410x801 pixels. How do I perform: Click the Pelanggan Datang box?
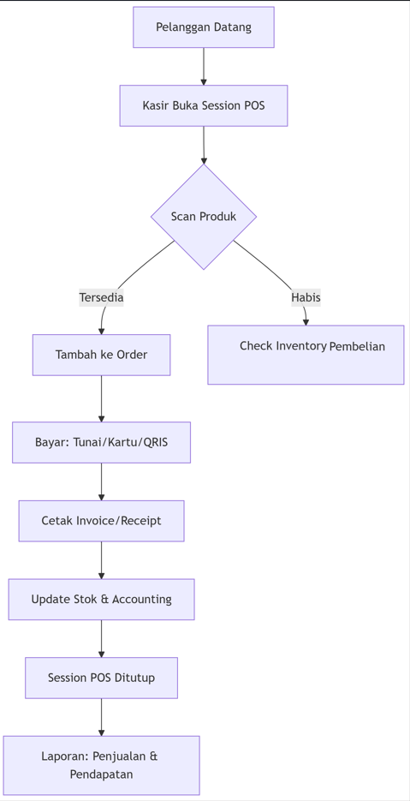204,27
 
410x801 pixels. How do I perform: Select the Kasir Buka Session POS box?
204,105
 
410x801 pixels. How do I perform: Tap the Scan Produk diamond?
204,217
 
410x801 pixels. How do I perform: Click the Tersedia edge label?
101,297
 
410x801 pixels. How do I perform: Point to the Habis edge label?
306,297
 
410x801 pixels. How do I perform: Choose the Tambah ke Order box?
102,355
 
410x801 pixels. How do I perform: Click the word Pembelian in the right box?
357,346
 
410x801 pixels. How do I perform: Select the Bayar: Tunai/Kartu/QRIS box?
102,442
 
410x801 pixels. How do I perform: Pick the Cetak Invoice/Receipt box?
102,521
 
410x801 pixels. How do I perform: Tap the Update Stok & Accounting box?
102,599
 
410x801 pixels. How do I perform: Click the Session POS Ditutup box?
102,678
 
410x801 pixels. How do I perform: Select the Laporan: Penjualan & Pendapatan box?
102,765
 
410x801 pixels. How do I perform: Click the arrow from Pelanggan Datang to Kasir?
204,67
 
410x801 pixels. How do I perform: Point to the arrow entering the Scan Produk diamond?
204,145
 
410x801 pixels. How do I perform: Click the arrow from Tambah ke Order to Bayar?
102,398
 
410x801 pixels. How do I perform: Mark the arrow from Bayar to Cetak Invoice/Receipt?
102,481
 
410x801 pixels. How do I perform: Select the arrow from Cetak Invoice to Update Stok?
102,560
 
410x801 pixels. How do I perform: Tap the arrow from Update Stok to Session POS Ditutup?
102,638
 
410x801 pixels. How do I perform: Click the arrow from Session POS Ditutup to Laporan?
102,717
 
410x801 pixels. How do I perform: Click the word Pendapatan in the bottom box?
101,774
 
